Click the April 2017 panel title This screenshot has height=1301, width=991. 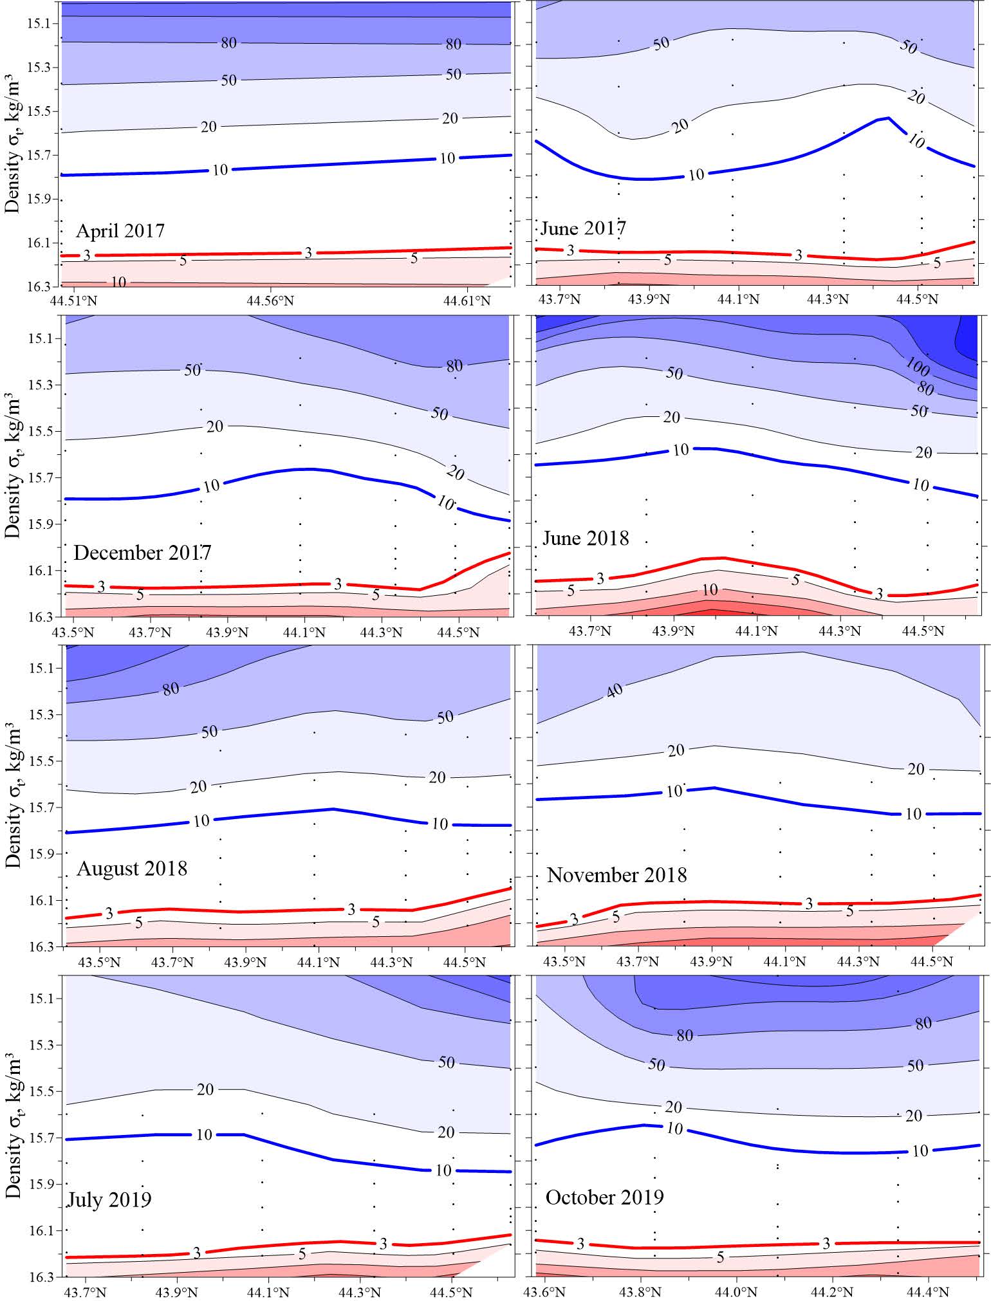coord(120,230)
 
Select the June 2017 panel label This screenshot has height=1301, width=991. coord(583,228)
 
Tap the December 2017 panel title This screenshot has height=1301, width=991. coord(142,553)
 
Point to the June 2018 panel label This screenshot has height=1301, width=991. coord(586,538)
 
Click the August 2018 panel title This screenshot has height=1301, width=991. coord(132,868)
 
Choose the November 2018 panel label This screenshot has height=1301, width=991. coord(616,875)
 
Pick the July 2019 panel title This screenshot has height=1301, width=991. coord(109,1199)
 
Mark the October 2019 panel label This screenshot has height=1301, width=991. coord(604,1197)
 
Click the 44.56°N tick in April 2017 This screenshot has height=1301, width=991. coord(270,300)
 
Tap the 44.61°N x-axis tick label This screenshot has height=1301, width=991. coord(467,300)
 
